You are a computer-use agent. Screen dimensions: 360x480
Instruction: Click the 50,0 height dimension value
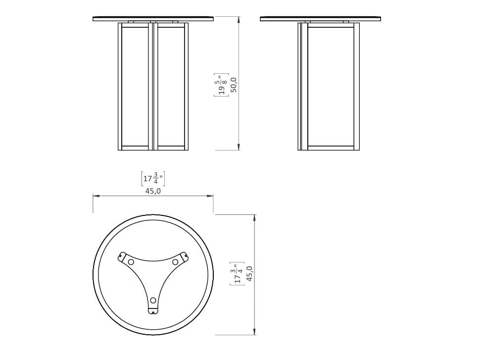click(234, 84)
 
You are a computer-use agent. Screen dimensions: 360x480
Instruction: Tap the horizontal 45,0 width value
click(153, 191)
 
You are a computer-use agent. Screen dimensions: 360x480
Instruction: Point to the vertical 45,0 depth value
click(249, 274)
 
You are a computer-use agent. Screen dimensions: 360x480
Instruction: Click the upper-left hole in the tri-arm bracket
click(131, 262)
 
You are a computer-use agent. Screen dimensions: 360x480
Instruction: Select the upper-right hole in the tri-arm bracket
click(175, 262)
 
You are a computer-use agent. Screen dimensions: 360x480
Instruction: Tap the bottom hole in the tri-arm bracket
click(153, 300)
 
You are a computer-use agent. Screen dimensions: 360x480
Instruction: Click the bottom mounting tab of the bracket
click(153, 311)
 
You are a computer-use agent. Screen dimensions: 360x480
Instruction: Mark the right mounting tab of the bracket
click(186, 256)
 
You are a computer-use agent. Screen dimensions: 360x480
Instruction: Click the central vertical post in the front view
click(153, 85)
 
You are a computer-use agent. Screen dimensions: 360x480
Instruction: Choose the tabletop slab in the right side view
click(322, 19)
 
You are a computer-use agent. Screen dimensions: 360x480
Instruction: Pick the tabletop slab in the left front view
click(153, 19)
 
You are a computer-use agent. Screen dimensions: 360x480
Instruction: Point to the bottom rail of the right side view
click(330, 148)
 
